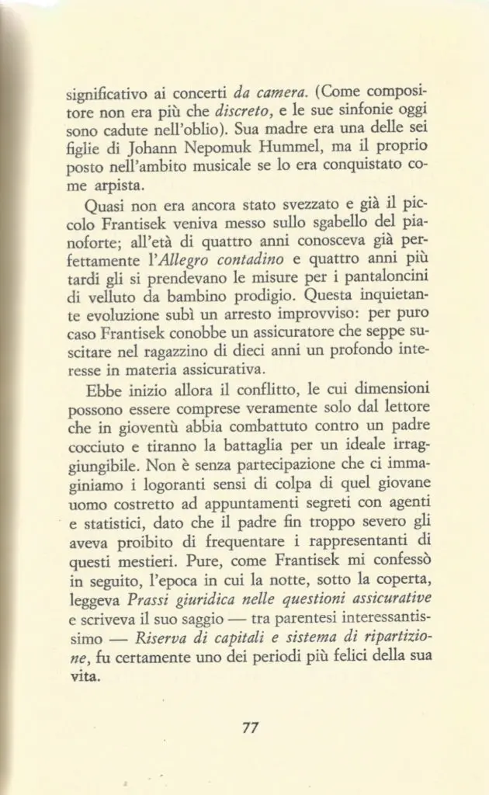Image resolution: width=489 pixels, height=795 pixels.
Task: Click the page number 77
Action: click(x=250, y=727)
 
